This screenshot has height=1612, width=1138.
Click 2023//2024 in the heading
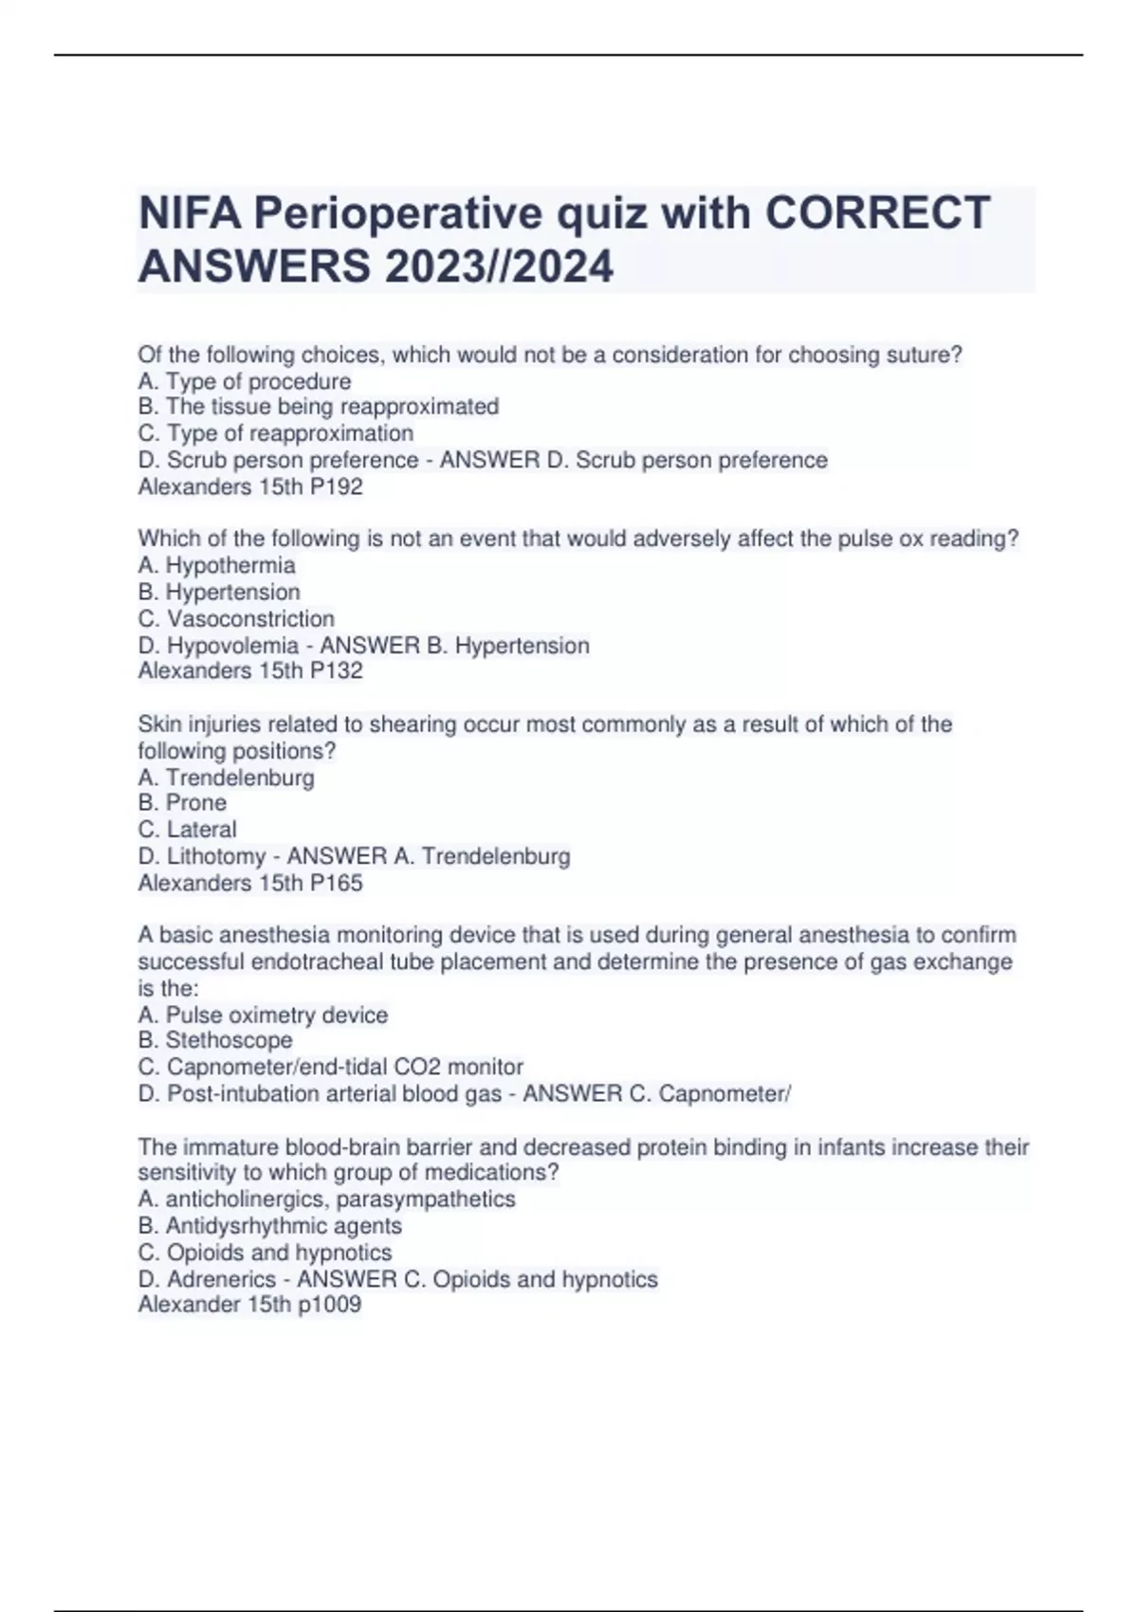pos(499,266)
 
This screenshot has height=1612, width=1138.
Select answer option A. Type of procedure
pos(245,381)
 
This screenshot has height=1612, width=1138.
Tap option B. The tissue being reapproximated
pos(319,407)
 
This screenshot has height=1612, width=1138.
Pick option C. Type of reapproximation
pos(276,433)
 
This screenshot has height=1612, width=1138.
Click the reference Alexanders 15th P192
pos(250,486)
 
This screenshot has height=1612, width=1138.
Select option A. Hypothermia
pos(217,565)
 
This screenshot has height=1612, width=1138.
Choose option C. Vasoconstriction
pos(236,618)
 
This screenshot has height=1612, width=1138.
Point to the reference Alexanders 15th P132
pos(250,670)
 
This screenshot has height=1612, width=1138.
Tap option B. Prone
pos(183,802)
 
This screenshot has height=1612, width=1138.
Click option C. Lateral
pos(188,829)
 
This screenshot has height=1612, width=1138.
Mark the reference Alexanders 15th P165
pos(250,883)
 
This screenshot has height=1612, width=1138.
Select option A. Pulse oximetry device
pos(263,1015)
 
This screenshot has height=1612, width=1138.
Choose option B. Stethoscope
pos(215,1040)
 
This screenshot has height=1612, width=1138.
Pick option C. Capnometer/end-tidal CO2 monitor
pos(331,1067)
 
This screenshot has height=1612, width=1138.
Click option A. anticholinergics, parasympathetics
pos(327,1199)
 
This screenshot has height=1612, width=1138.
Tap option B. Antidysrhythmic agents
pos(270,1225)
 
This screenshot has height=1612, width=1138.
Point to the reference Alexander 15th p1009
pos(249,1304)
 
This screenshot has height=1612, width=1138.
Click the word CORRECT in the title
pos(877,212)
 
